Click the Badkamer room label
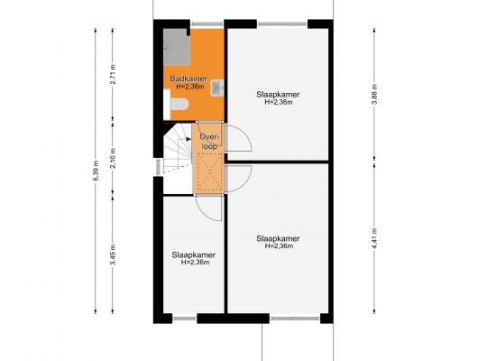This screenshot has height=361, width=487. coord(188,79)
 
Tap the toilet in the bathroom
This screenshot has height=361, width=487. coord(179,104)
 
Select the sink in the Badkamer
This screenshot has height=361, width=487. coord(217,88)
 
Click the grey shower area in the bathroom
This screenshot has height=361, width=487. coord(177,47)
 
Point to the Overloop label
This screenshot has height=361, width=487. coord(209,142)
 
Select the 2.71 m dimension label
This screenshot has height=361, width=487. coord(114,74)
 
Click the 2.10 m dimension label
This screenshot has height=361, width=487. coord(114,158)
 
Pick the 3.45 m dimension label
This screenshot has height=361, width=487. coord(114,255)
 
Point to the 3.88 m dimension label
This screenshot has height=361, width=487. coord(375,94)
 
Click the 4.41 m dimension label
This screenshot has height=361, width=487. coord(375,238)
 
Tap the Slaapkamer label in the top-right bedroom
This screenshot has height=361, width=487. coord(278,95)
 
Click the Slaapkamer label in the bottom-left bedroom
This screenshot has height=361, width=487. coord(194,255)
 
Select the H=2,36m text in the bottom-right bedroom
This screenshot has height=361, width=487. coord(279,246)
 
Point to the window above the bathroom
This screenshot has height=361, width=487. coord(207,23)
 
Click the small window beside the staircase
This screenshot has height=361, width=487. coord(158,167)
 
